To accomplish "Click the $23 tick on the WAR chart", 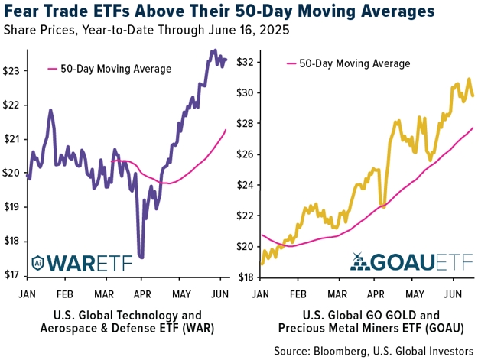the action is (x=11, y=71).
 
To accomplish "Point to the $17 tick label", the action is (x=11, y=275).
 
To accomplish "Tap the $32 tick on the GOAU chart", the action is (x=246, y=62).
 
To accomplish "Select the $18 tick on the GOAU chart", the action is (x=246, y=277).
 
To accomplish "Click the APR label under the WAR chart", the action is (x=142, y=294).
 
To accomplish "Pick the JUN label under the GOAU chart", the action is (x=453, y=294).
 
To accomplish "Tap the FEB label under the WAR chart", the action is (x=65, y=294).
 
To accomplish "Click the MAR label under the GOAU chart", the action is (x=337, y=294).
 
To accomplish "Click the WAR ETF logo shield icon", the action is (x=37, y=263).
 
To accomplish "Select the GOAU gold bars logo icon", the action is (x=359, y=261).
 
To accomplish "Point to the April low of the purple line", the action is (x=141, y=257).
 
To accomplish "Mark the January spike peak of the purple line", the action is (x=50, y=110).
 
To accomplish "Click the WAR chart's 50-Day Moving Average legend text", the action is (x=115, y=69).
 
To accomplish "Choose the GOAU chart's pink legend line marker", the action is (x=291, y=63).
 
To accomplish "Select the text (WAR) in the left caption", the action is (x=199, y=329).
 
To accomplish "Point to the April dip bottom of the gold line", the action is (x=383, y=207).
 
